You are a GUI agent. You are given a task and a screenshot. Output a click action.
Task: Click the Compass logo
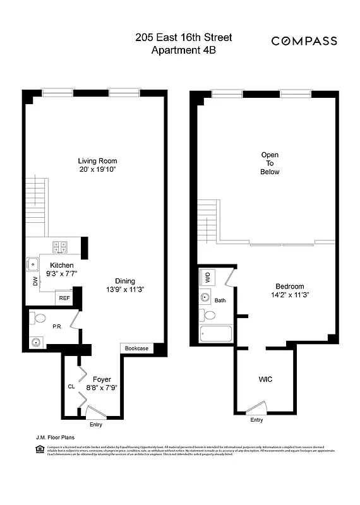coord(304,41)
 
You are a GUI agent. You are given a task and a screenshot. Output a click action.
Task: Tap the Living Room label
coord(97,161)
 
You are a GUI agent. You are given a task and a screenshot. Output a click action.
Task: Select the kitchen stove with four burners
coord(60,247)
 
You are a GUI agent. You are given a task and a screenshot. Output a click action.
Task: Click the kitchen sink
coord(32,264)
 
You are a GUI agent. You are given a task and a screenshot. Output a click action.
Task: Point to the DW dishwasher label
coord(35,283)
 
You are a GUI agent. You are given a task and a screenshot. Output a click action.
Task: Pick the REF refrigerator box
coord(64,298)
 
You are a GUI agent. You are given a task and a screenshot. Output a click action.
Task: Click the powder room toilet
coord(39,318)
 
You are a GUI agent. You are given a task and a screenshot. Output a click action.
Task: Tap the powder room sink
coord(36,342)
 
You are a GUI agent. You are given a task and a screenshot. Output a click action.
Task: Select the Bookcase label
coord(136,348)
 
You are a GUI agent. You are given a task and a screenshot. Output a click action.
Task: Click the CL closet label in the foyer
coord(71,387)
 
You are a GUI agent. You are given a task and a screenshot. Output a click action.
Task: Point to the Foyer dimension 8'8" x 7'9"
coord(97,388)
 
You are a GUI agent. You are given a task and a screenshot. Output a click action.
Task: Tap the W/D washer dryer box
coord(207,277)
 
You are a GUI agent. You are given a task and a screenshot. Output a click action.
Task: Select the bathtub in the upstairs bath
coord(215,335)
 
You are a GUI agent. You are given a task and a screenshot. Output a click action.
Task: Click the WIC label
coord(265,379)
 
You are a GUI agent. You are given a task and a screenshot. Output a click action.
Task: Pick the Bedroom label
coord(290,286)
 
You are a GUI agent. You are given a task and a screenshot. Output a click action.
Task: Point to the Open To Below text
coord(270,163)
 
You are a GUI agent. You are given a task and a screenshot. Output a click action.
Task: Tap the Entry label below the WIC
coord(256,420)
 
